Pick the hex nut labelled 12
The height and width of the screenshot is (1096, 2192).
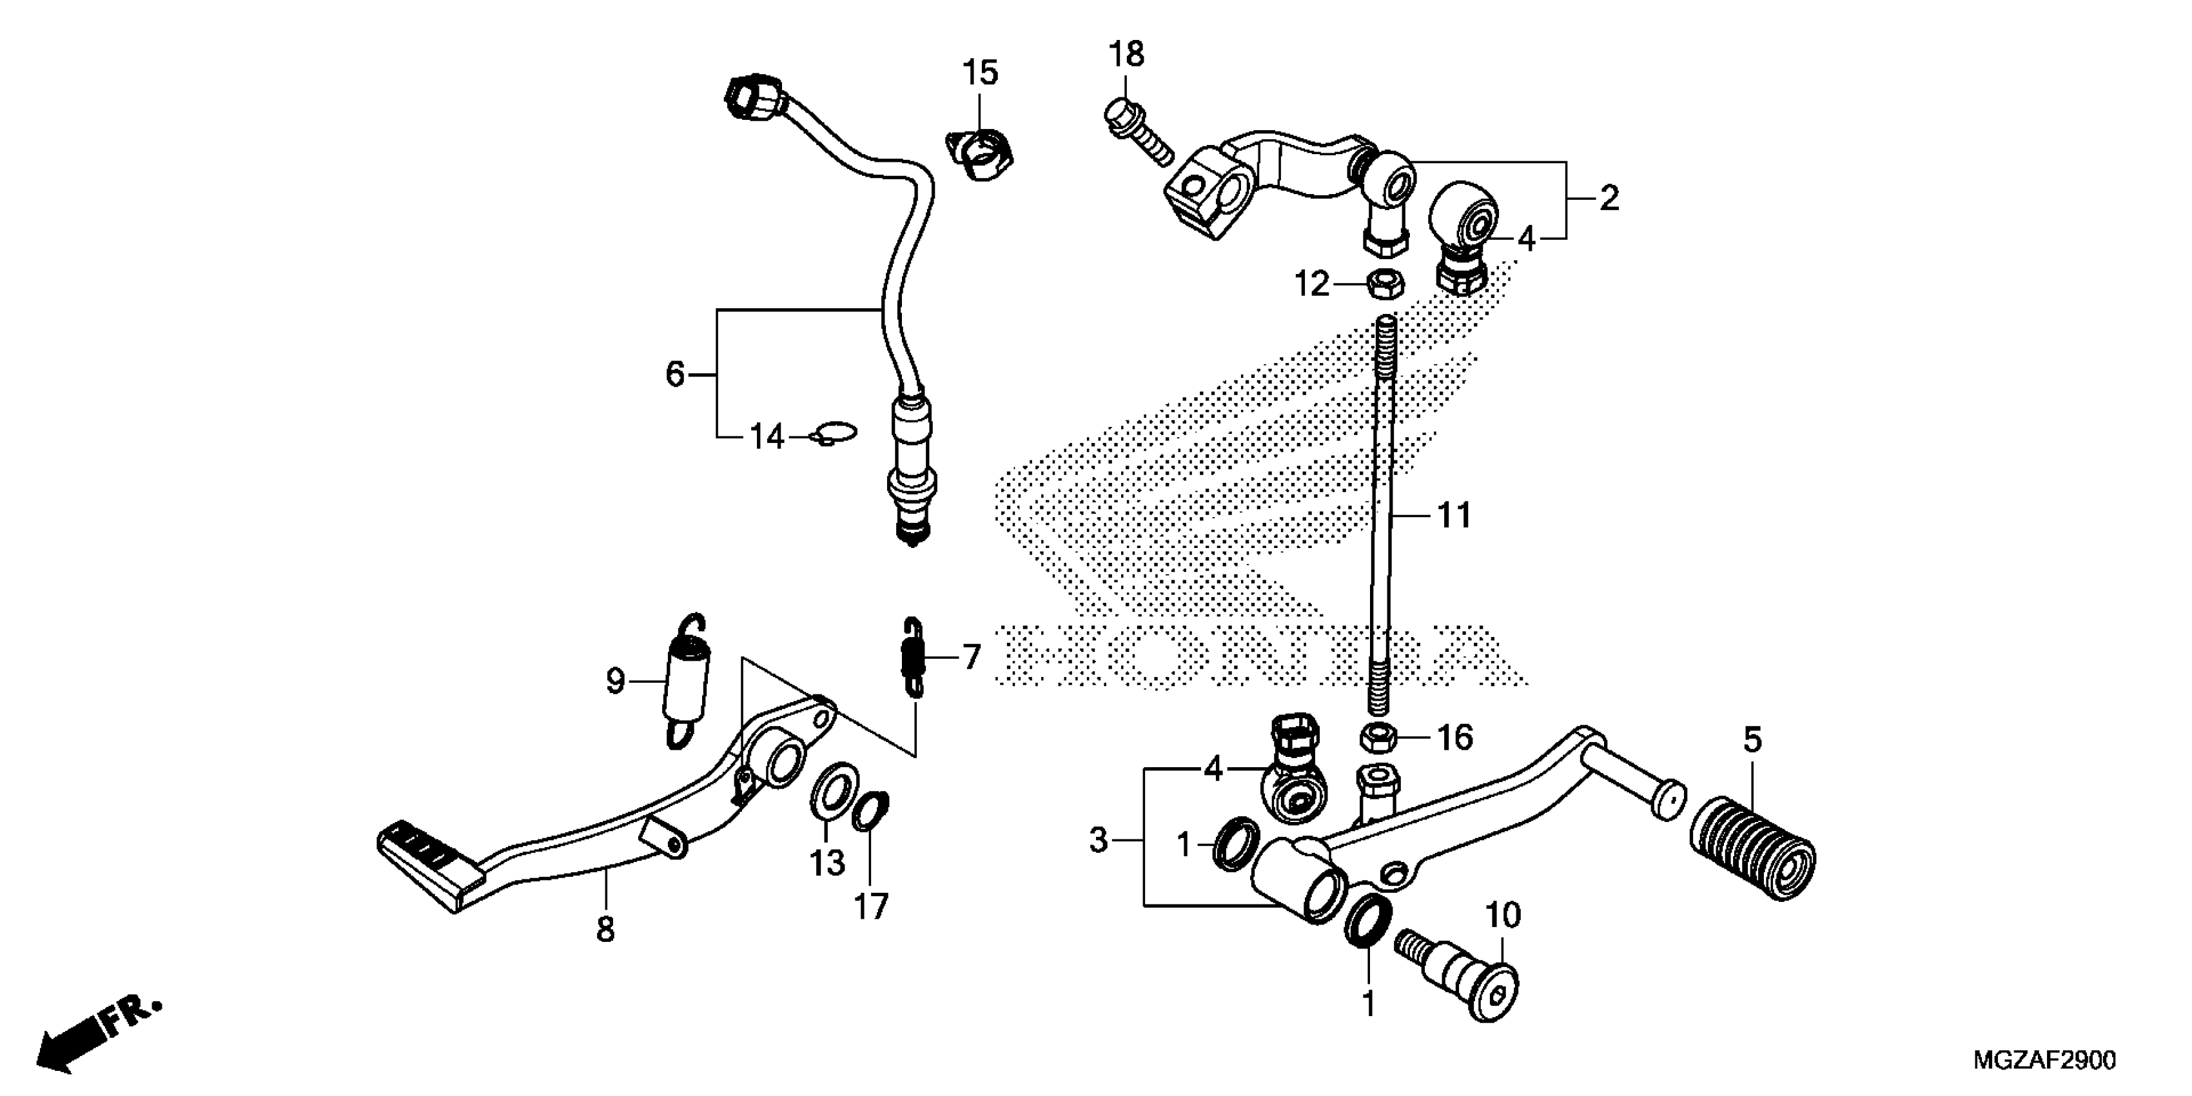coord(1385,284)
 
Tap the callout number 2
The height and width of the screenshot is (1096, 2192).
coord(1609,199)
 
